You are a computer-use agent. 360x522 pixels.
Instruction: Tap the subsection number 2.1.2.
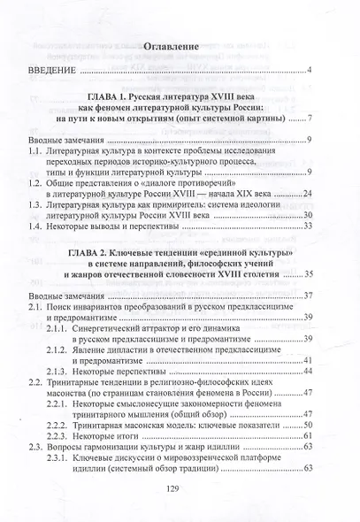[x=85, y=373]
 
